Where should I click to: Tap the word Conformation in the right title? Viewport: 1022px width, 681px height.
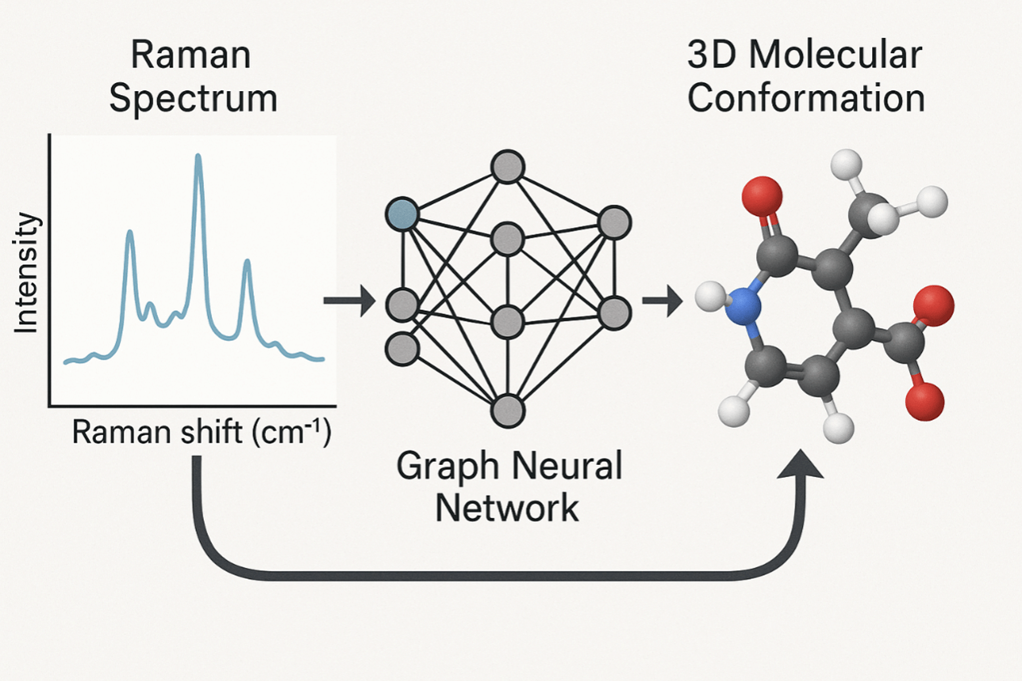(x=805, y=99)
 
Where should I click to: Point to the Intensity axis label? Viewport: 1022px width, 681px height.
(x=27, y=273)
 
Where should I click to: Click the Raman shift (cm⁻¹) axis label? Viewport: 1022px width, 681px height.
(x=201, y=434)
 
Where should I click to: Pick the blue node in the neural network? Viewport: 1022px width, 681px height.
(x=402, y=214)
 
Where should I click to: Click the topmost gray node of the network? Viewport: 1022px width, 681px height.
(x=508, y=168)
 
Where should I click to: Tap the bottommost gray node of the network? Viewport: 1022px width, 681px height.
(x=508, y=409)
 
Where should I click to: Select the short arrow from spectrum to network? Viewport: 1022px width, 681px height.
(x=349, y=301)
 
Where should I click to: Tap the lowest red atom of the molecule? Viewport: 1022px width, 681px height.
(x=924, y=401)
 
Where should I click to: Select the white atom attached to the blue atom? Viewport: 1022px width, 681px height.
(x=710, y=297)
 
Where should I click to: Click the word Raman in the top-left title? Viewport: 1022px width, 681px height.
(x=190, y=57)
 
